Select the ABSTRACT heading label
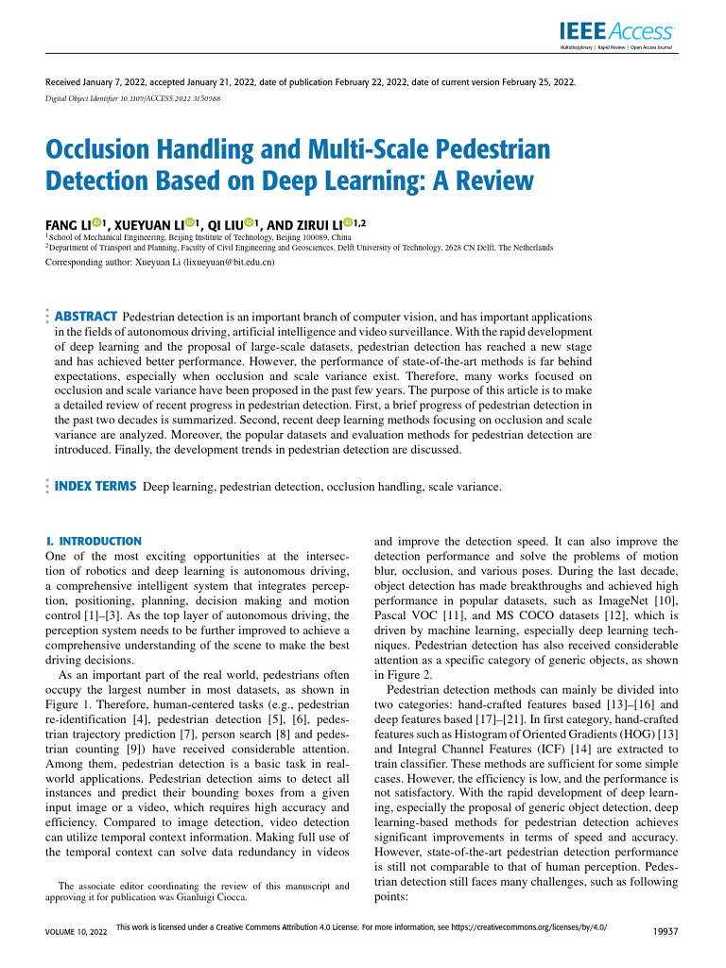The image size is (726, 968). click(86, 315)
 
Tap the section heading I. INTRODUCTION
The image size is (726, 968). click(94, 541)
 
